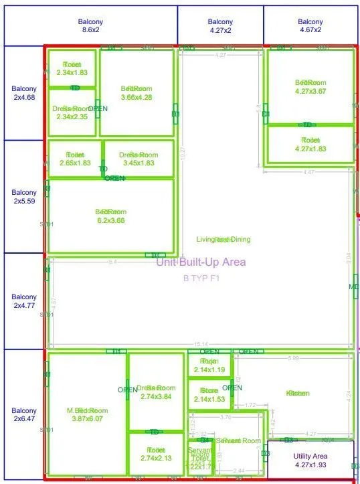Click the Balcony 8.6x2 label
point(90,26)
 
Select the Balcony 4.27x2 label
point(220,26)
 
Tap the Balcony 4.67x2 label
point(310,26)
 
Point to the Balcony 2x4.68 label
point(24,93)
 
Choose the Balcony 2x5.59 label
point(24,197)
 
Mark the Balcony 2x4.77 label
point(24,301)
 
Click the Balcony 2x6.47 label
point(24,414)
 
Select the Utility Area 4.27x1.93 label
point(310,461)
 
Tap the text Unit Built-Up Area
point(201,262)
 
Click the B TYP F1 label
point(201,278)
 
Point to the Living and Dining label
point(214,240)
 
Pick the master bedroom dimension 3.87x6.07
point(88,418)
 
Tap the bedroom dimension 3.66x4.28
point(137,97)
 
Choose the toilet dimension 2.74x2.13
point(156,458)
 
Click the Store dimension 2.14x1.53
point(209,399)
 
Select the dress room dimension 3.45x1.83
point(139,163)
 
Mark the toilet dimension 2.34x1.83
point(72,72)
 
